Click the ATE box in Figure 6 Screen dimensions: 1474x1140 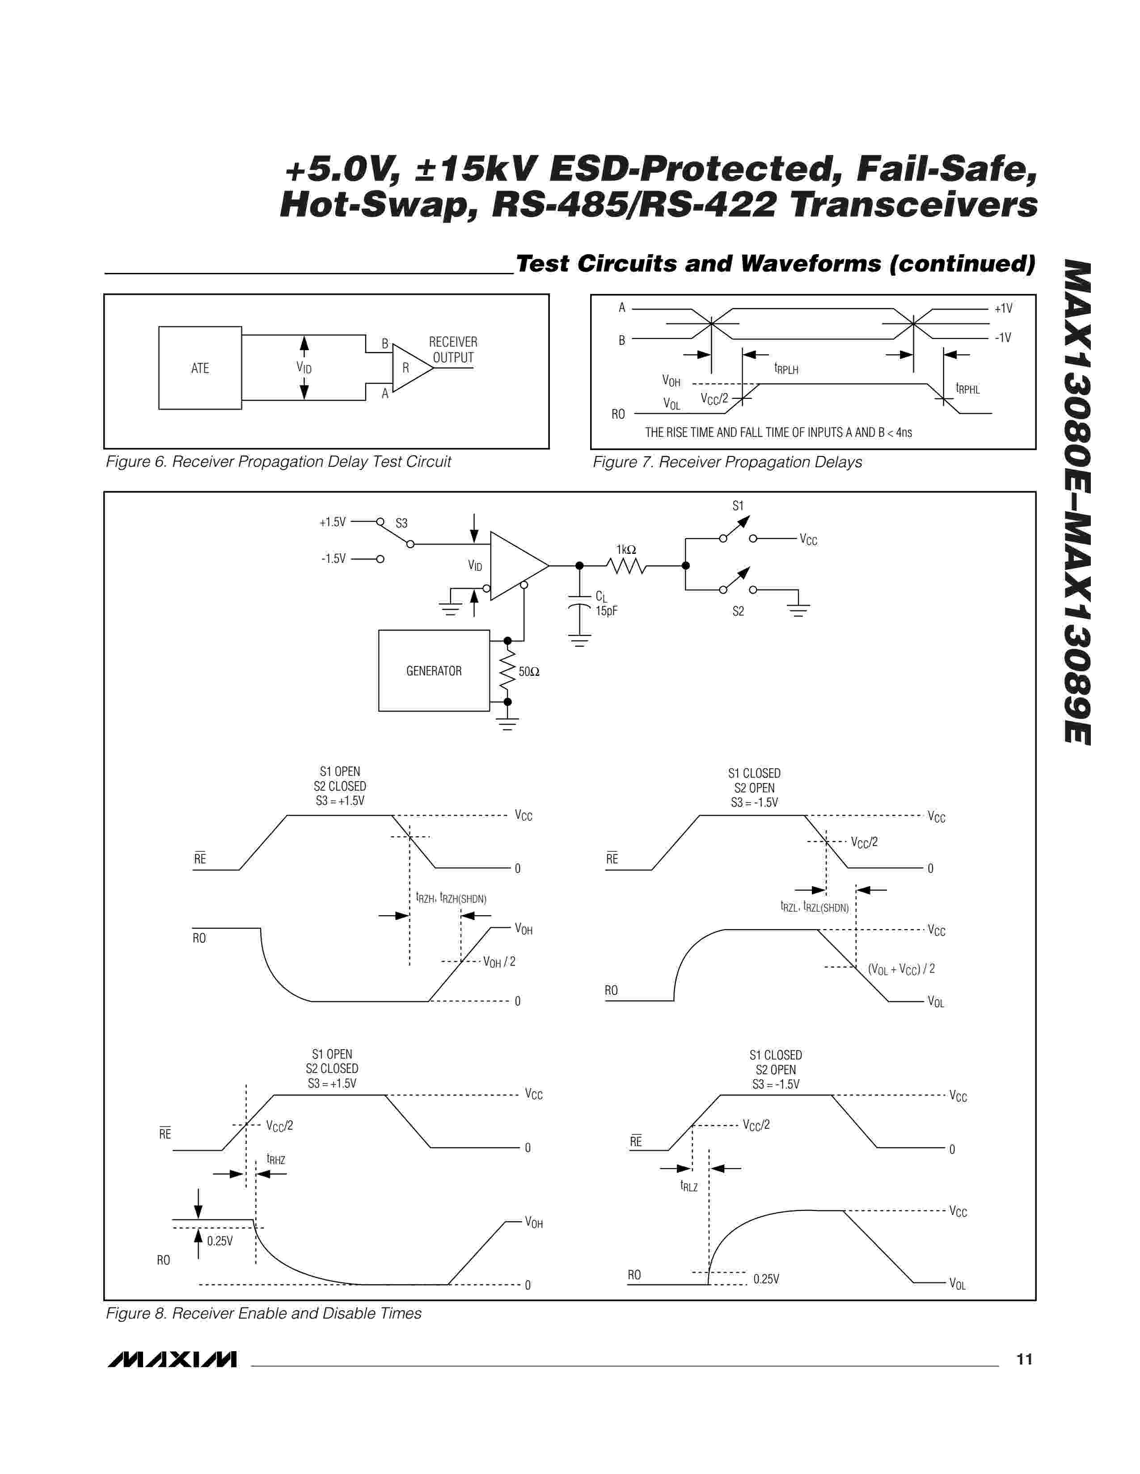coord(200,368)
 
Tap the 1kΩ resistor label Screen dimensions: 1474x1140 coord(626,550)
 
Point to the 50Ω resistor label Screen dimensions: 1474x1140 coord(529,671)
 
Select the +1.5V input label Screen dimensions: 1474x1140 coord(332,522)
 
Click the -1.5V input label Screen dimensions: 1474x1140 coord(333,558)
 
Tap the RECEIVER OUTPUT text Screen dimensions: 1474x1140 coord(453,350)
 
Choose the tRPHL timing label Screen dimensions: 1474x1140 coord(967,388)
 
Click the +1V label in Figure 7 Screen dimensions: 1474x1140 coord(1003,309)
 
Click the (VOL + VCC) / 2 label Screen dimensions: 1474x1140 coord(901,969)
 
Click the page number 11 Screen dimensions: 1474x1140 coord(1024,1359)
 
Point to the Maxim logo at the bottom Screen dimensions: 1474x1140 coord(172,1359)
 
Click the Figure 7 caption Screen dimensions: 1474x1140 coord(727,462)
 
